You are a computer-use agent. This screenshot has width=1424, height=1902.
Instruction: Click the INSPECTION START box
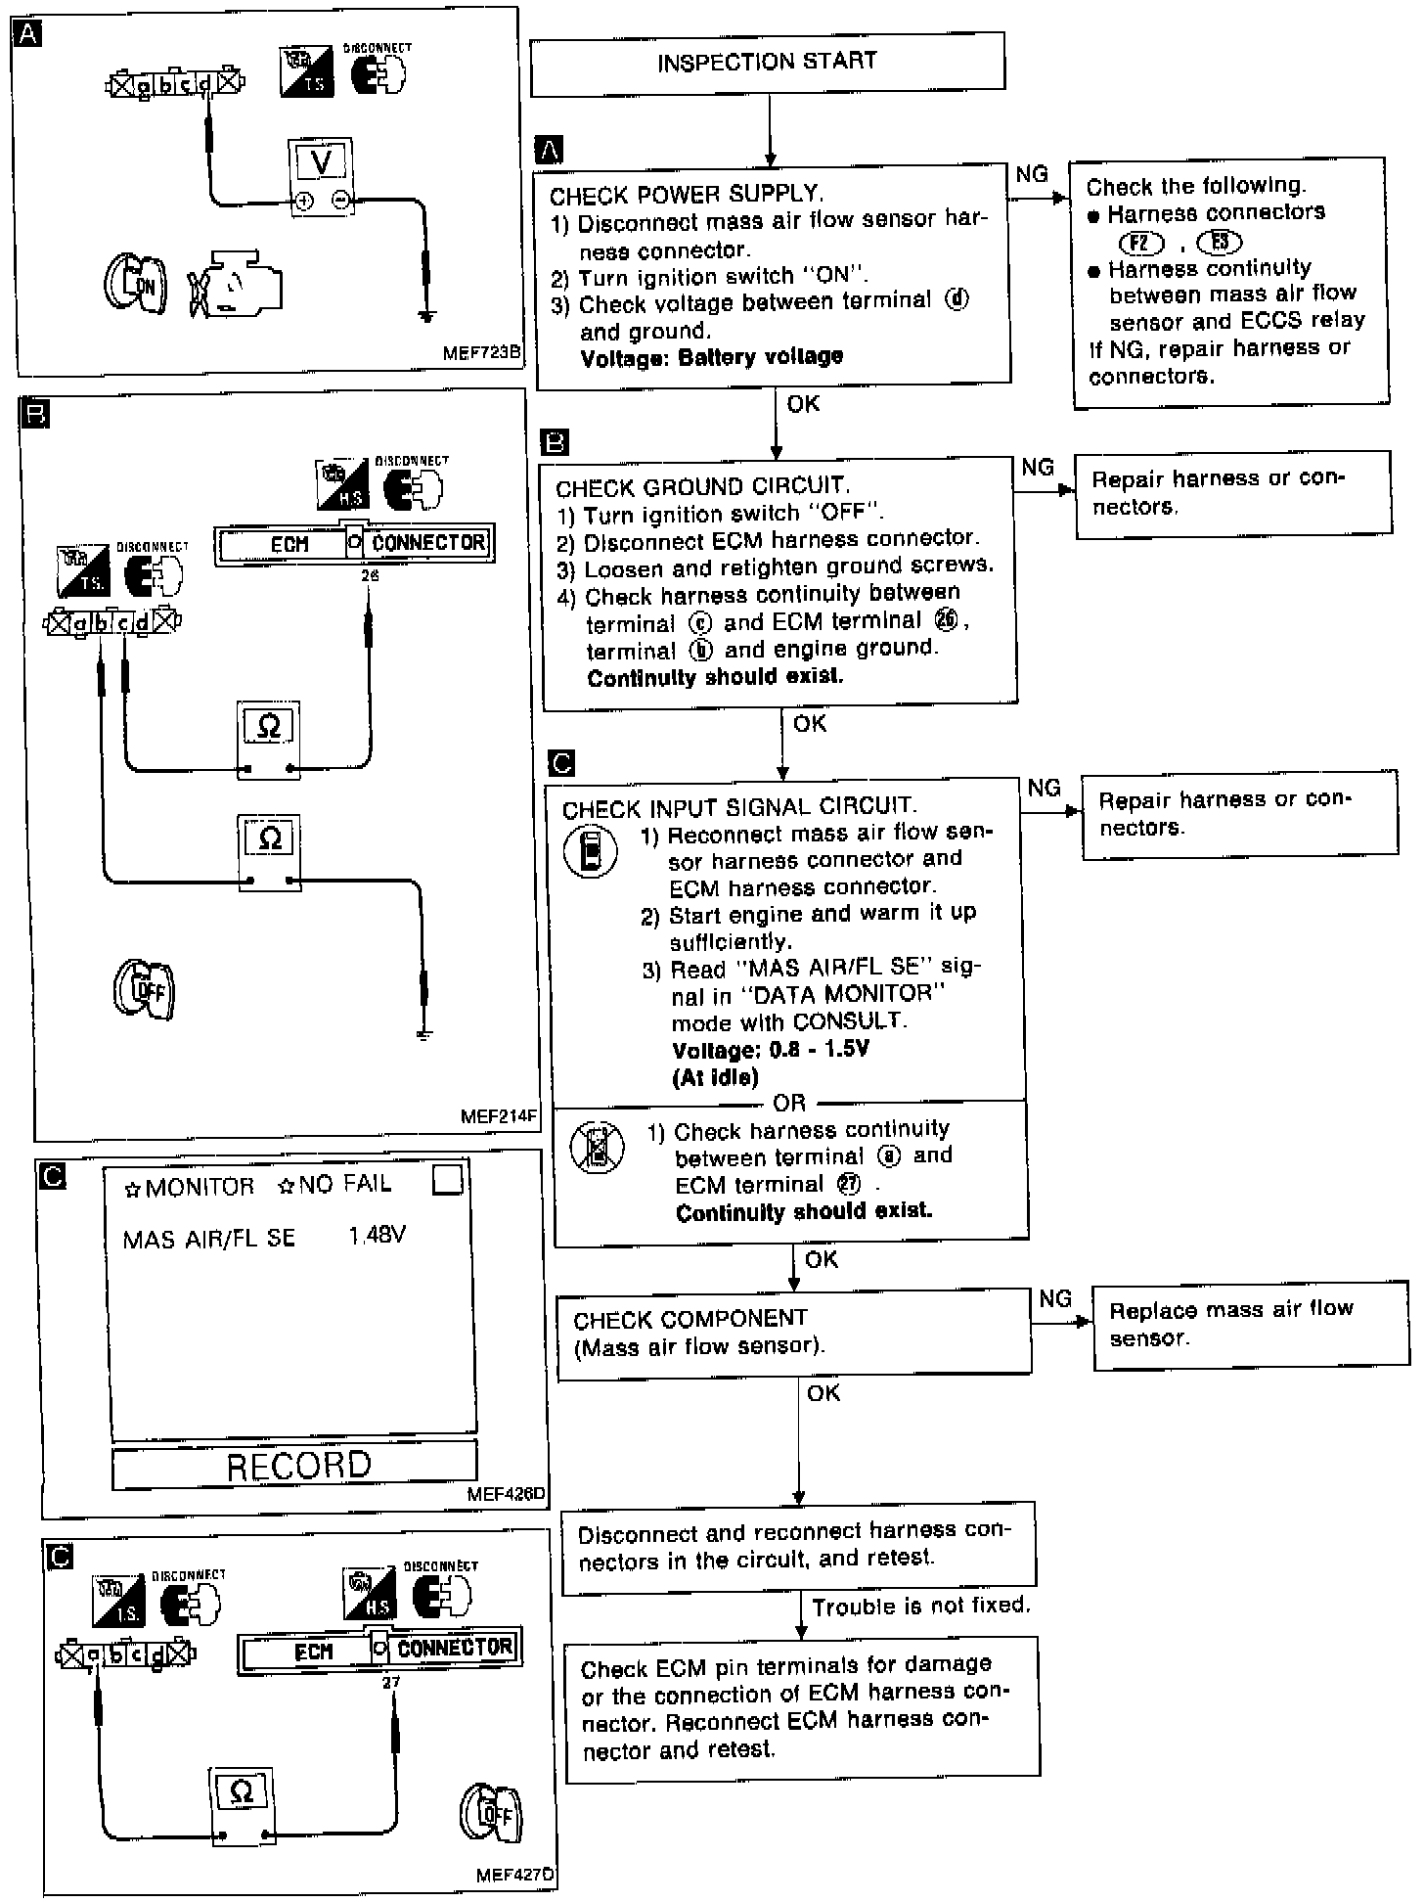(x=767, y=64)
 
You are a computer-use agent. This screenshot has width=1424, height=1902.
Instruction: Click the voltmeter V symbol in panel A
(x=321, y=161)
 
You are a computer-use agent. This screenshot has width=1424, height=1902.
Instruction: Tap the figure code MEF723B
(x=481, y=353)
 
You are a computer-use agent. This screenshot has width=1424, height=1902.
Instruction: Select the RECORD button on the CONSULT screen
(x=295, y=1465)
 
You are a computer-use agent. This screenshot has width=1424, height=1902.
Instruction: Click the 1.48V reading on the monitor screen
(x=377, y=1235)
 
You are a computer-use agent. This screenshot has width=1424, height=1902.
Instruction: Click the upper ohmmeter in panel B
(x=268, y=728)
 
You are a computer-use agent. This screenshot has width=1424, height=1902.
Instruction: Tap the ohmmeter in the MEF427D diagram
(x=242, y=1792)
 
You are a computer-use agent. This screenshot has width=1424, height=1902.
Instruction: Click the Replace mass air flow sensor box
(x=1249, y=1323)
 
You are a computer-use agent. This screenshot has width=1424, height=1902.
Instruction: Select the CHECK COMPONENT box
(x=793, y=1332)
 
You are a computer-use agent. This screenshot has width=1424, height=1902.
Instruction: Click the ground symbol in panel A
(x=425, y=315)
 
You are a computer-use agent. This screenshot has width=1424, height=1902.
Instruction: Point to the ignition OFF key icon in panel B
(x=144, y=990)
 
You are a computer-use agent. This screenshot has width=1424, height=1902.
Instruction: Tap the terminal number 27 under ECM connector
(x=391, y=1682)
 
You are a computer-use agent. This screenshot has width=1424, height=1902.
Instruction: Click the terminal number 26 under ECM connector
(x=369, y=576)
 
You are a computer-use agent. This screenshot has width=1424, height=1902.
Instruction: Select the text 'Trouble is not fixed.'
(x=920, y=1606)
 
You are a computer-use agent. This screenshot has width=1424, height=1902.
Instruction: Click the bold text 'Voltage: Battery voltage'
(x=711, y=357)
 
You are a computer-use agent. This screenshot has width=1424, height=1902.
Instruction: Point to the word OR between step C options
(x=789, y=1103)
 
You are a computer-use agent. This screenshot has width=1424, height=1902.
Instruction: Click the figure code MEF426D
(x=506, y=1494)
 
